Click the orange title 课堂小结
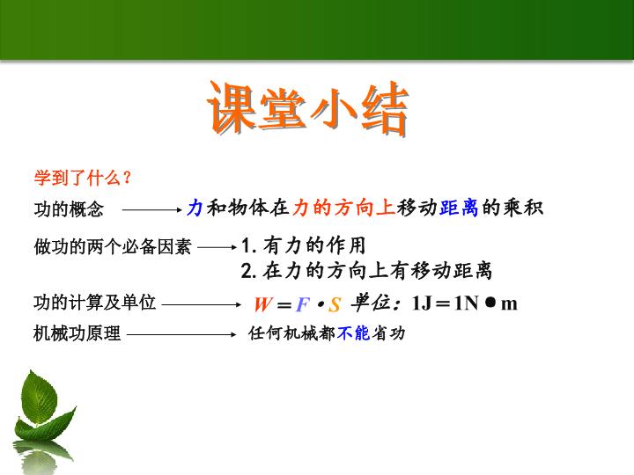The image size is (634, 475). (x=308, y=108)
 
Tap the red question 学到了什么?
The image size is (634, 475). (x=83, y=178)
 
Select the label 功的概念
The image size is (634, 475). (x=69, y=209)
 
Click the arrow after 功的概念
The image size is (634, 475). (x=152, y=209)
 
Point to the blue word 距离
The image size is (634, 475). (x=459, y=208)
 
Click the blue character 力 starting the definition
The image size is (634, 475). (x=195, y=208)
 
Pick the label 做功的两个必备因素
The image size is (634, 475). (x=113, y=246)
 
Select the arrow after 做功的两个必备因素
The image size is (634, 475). (x=217, y=247)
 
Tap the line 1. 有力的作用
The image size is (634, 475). (x=303, y=245)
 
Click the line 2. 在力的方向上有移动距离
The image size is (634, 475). (x=366, y=271)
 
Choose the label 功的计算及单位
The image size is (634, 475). (x=94, y=302)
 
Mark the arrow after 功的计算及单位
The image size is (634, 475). (x=202, y=304)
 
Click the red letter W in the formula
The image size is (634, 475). (x=263, y=304)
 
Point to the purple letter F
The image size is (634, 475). (x=303, y=304)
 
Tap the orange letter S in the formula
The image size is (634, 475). (x=335, y=305)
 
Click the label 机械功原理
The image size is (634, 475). (x=77, y=333)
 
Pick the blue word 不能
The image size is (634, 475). (x=353, y=333)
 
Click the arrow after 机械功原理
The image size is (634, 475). (x=181, y=334)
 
